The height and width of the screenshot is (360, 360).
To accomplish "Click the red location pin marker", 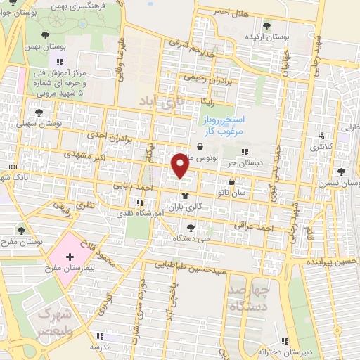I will click(x=181, y=165).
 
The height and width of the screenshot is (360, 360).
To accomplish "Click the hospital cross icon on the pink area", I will click(x=69, y=257).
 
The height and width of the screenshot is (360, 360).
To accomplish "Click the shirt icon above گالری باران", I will click(x=185, y=197).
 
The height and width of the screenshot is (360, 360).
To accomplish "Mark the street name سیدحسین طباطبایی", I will click(x=190, y=268).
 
